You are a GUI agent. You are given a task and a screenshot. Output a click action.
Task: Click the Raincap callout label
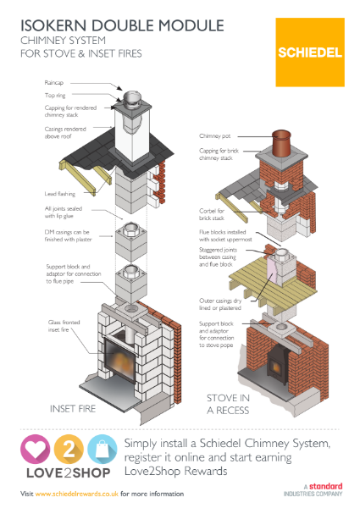[57, 83]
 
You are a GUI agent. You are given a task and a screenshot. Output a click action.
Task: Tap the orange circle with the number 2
[67, 450]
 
